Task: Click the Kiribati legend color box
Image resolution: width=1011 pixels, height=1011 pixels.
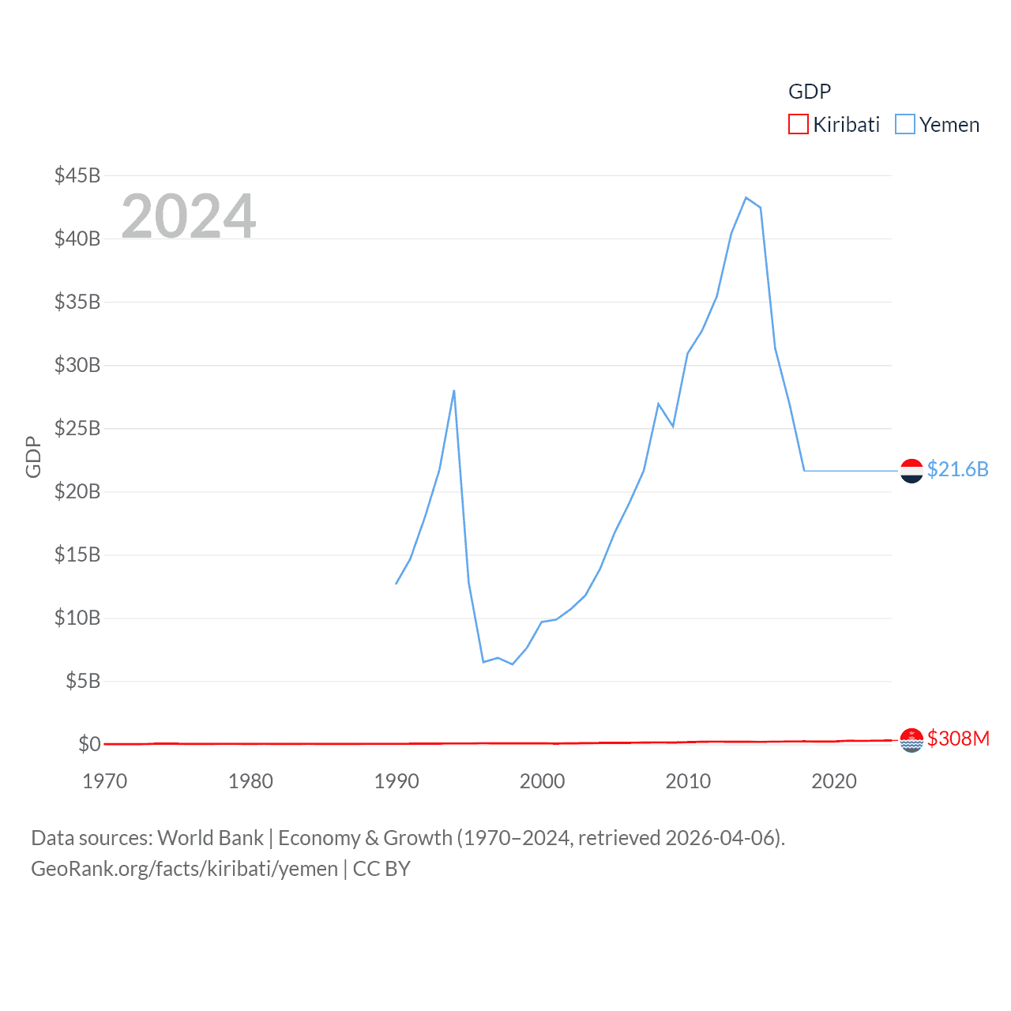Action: (799, 125)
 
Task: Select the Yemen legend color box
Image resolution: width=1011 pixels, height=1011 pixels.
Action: (905, 125)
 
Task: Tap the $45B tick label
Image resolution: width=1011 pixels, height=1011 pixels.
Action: (77, 175)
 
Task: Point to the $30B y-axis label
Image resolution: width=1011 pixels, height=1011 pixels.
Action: (77, 365)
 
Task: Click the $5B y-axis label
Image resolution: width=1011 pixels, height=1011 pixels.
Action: (82, 681)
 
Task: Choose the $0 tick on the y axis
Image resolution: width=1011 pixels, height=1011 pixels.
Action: (89, 744)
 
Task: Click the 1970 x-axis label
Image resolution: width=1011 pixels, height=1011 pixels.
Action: (105, 781)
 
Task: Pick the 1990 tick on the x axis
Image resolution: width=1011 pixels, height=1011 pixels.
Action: (397, 781)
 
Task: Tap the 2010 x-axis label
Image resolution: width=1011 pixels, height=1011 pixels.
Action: (688, 781)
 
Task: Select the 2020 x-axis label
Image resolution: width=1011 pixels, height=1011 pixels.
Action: (834, 781)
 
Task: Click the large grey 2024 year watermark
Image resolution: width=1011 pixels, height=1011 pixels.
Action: (189, 216)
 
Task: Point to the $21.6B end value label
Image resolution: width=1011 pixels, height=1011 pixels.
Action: (957, 469)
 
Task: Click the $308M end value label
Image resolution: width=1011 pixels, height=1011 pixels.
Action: (958, 739)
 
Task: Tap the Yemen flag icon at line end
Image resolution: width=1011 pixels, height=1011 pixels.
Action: (911, 471)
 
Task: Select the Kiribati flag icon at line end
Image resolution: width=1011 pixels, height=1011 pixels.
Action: (911, 740)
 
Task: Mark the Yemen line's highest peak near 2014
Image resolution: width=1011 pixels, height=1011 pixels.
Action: (746, 197)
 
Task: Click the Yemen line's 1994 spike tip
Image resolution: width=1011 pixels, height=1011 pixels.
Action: (454, 390)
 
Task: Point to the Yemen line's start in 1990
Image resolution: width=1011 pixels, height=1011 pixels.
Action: (397, 584)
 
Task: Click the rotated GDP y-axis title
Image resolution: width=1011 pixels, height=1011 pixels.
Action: (33, 457)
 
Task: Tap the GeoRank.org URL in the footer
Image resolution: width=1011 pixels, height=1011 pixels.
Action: (184, 869)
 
